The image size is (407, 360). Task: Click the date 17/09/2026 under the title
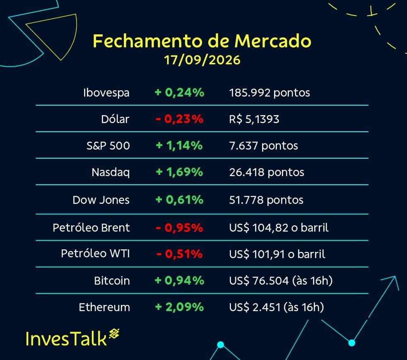202,60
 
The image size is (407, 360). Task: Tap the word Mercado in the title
272,41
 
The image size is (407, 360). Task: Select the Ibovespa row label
106,93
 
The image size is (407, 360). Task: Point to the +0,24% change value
179,92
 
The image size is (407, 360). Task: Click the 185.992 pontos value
270,93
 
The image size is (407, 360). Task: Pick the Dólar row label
115,119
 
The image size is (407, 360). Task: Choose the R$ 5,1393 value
254,119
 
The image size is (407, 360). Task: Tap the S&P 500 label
108,145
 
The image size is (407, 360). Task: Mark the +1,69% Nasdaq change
179,172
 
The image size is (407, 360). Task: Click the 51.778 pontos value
266,200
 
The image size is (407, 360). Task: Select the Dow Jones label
101,200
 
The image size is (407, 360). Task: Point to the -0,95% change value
179,228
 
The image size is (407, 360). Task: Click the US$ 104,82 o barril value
279,228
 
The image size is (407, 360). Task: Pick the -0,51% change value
179,254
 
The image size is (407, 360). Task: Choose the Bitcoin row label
112,281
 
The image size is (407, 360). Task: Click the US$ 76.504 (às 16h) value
281,281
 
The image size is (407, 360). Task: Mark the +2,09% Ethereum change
179,307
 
